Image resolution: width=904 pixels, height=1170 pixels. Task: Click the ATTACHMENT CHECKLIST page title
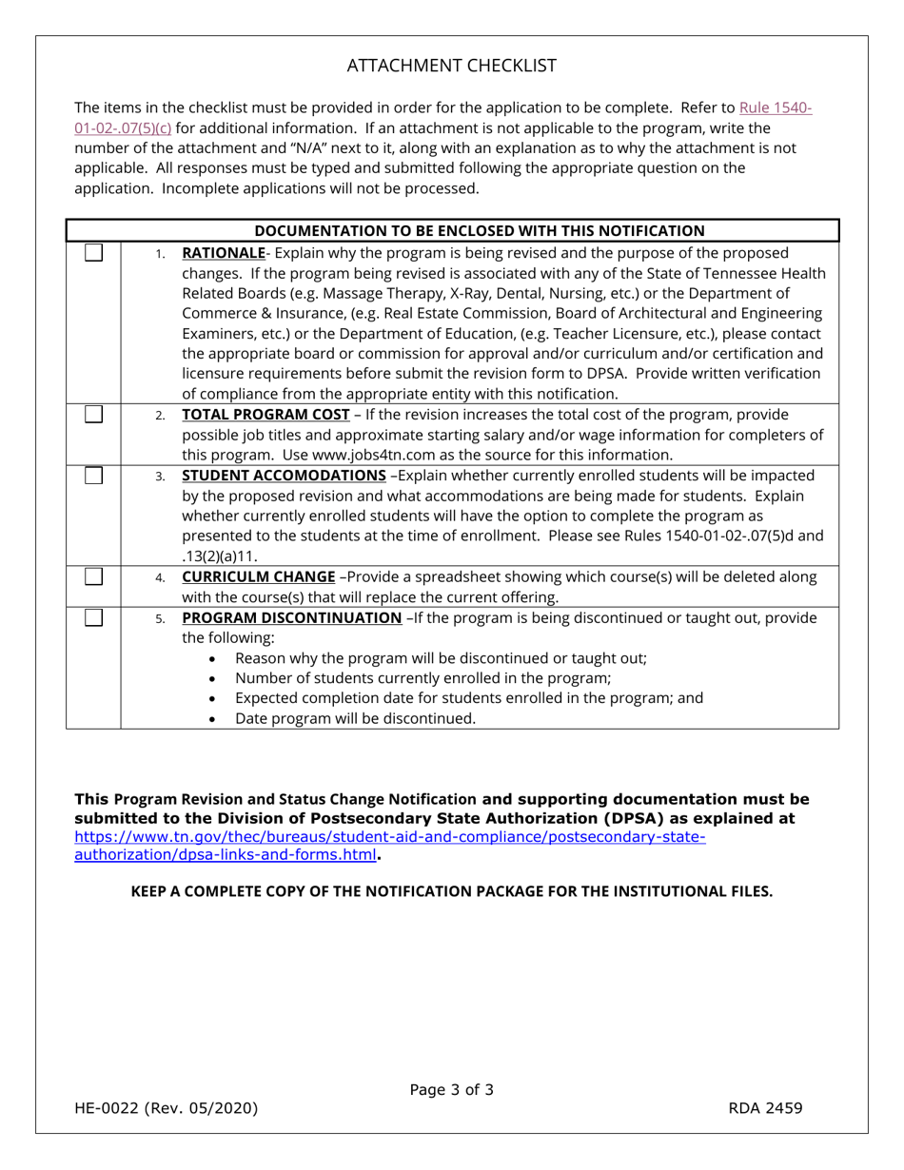tap(451, 66)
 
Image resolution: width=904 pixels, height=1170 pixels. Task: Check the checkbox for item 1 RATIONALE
tap(94, 253)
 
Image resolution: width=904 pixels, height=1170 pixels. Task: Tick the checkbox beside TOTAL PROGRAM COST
tap(94, 414)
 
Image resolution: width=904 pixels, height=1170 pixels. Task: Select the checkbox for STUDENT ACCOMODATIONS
tap(94, 475)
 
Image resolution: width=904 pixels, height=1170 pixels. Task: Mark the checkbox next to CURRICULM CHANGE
tap(94, 576)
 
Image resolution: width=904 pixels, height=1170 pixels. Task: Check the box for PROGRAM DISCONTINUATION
tap(94, 617)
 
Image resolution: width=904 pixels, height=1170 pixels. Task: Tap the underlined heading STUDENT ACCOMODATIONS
tap(284, 475)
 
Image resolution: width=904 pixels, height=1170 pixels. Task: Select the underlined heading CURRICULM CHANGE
tap(258, 576)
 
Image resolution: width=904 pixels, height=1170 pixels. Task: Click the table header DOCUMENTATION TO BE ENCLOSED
tap(480, 230)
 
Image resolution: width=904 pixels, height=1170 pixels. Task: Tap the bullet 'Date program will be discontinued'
tap(355, 718)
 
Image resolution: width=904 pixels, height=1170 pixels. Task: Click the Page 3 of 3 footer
tap(451, 1090)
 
